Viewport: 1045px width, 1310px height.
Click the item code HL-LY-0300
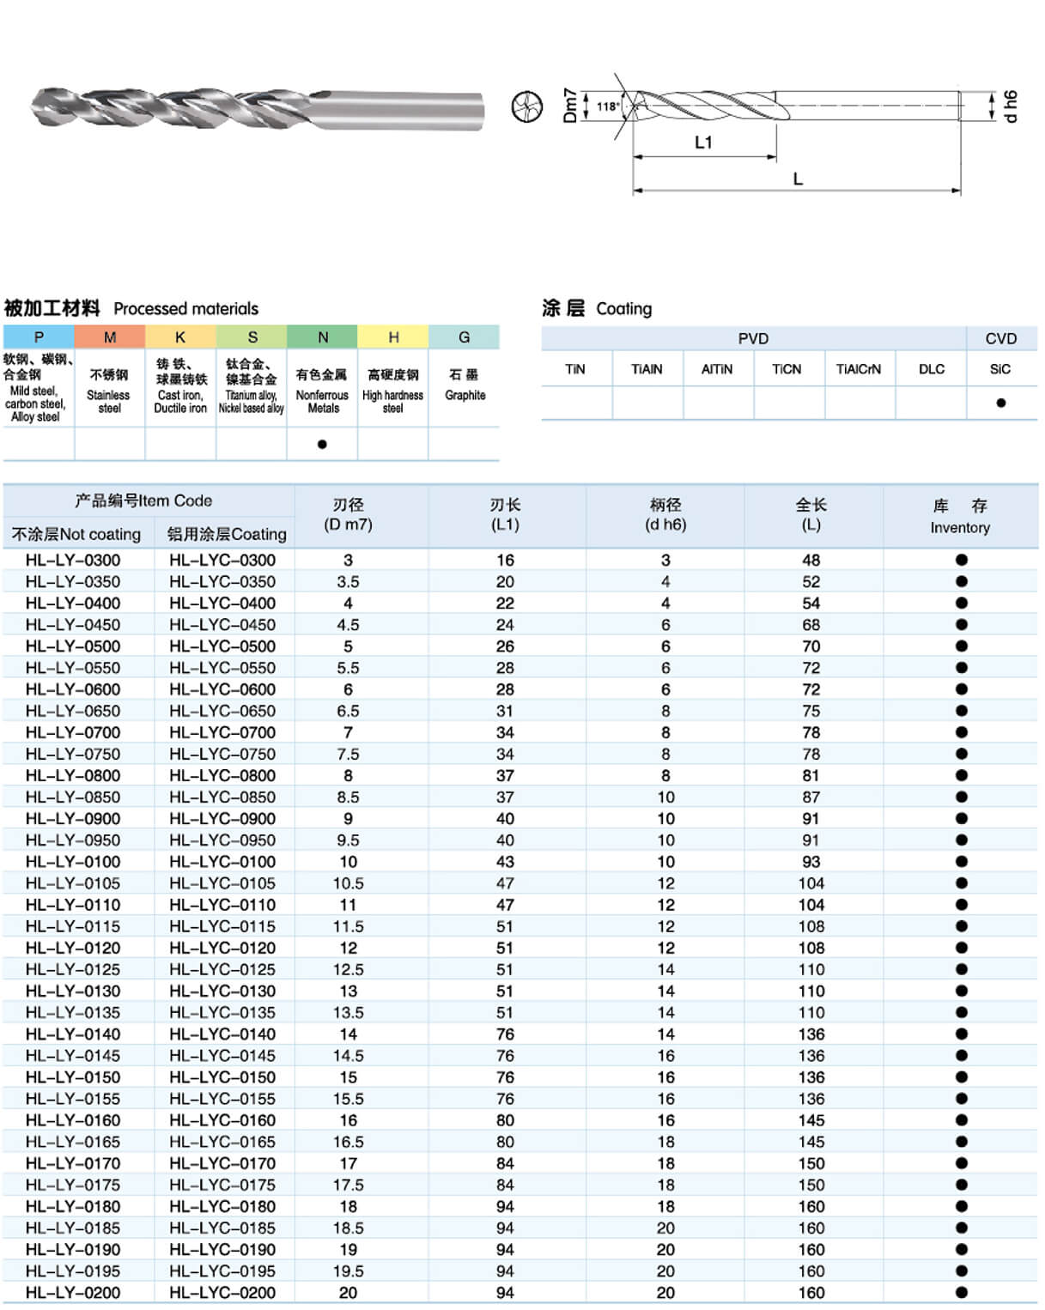(x=73, y=560)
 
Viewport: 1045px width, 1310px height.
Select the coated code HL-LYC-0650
(x=222, y=711)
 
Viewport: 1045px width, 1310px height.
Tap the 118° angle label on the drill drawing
(x=607, y=106)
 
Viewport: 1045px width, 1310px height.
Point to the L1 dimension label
(x=703, y=143)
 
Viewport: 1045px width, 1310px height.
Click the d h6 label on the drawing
(x=1010, y=106)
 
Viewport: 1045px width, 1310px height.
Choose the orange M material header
(x=110, y=337)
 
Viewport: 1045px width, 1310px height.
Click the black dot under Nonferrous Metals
(x=322, y=444)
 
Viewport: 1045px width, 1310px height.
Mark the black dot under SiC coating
(x=1000, y=403)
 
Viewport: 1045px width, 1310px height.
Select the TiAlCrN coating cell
(x=859, y=369)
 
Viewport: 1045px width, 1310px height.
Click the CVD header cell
(x=1000, y=338)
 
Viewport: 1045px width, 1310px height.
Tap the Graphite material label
(x=465, y=395)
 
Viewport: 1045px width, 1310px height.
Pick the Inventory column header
(x=960, y=517)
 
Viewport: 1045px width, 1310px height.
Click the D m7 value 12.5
(x=348, y=969)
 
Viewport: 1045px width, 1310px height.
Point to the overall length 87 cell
(x=811, y=797)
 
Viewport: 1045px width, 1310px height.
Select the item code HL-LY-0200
(x=73, y=1293)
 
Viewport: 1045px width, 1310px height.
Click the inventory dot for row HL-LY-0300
(x=961, y=560)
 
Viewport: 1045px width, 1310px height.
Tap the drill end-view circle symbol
(x=526, y=107)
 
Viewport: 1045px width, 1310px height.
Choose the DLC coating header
(x=931, y=369)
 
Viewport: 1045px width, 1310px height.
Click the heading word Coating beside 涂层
(x=623, y=308)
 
